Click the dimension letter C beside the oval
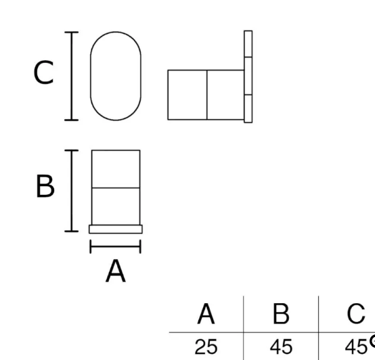(x=43, y=72)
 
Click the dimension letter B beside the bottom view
(x=45, y=186)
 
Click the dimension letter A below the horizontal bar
(x=116, y=271)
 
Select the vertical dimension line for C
(x=72, y=76)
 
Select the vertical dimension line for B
(x=72, y=191)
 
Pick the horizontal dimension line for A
(x=116, y=246)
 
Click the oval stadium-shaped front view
(x=91, y=76)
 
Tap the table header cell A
(x=206, y=313)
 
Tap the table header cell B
(x=281, y=313)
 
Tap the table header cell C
(x=356, y=313)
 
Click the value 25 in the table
(x=206, y=346)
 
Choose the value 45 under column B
(x=282, y=346)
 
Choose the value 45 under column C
(x=356, y=346)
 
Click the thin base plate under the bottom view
(x=116, y=229)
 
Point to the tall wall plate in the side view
(x=248, y=76)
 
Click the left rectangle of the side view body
(x=187, y=95)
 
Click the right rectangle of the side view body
(x=225, y=95)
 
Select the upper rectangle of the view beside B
(x=116, y=169)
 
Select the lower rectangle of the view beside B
(x=116, y=206)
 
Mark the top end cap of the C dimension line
(x=72, y=32)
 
